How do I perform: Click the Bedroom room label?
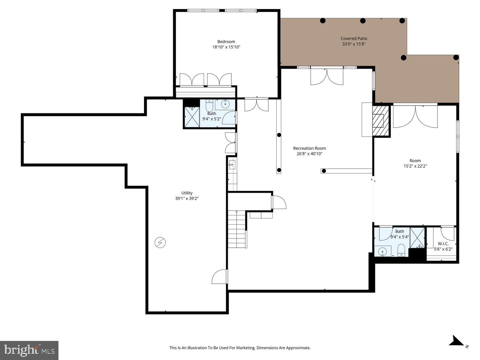tap(226, 42)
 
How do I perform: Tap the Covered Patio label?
tap(354, 39)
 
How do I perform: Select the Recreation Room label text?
tap(309, 148)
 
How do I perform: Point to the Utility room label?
tap(187, 193)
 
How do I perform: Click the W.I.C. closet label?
tap(443, 244)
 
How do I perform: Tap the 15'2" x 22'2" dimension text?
tap(415, 166)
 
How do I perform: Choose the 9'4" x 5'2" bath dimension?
tap(212, 119)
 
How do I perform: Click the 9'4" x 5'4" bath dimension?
tap(399, 237)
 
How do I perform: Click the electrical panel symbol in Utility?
tap(160, 242)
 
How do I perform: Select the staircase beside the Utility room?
tap(237, 230)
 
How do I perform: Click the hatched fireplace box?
tap(381, 121)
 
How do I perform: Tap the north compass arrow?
tap(456, 341)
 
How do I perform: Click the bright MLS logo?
tap(29, 350)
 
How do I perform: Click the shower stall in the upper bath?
tap(192, 117)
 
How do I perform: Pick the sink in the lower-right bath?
tap(383, 251)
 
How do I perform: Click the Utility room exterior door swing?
tap(219, 277)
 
